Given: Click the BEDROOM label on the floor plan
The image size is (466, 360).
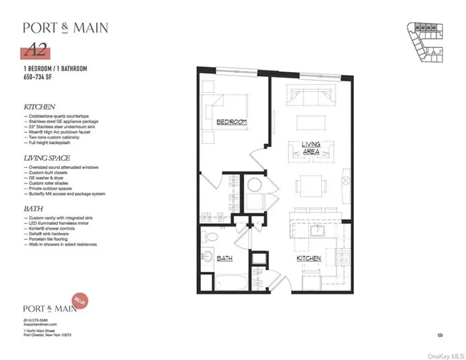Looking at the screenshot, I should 231,122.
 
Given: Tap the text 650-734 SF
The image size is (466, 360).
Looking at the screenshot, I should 41,78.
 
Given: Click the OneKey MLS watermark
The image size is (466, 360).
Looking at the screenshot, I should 444,355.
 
